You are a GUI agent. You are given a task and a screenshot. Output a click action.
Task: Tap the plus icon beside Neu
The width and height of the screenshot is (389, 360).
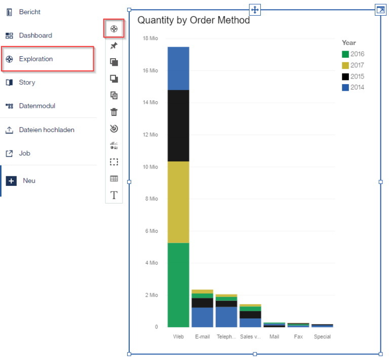point(11,181)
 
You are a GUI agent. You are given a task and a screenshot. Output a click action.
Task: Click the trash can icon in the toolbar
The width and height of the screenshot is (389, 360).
point(114,112)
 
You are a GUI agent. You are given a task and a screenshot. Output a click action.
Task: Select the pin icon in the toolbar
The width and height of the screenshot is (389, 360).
point(114,46)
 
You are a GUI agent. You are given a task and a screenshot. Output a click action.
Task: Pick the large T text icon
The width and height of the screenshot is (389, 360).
point(114,195)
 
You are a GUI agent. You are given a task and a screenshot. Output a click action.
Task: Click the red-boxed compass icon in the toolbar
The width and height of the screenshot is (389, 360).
point(114,29)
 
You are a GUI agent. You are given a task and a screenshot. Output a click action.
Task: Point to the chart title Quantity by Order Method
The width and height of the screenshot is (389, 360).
point(193,20)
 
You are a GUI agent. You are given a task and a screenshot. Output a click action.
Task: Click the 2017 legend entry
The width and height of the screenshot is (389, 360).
point(353,65)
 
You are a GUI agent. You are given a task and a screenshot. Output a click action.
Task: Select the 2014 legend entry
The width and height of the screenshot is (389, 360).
point(353,87)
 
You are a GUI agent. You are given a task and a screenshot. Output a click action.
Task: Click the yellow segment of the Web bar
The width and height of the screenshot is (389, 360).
point(178,202)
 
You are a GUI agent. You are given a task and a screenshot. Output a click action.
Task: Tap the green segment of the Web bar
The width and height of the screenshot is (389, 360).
point(178,285)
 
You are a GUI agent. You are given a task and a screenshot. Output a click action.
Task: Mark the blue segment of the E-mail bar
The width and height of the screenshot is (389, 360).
point(203,317)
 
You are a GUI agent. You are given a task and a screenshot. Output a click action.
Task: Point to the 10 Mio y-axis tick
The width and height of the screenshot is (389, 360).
point(150,167)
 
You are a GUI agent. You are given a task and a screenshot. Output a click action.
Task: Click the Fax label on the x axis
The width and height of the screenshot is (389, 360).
point(298,337)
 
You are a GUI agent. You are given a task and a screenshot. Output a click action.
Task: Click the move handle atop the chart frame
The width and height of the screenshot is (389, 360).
point(255,10)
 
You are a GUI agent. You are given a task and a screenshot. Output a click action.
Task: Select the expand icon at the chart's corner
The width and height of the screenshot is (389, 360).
point(380,10)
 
